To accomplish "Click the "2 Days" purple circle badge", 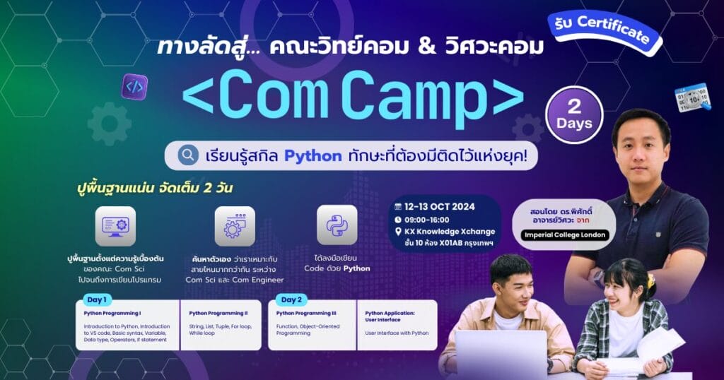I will pos(573,114).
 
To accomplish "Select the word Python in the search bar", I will pos(313,155).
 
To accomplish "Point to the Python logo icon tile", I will pos(337,225).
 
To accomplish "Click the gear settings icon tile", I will pos(235,226).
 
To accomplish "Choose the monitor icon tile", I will pos(115,226).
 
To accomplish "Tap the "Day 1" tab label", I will pos(95,299).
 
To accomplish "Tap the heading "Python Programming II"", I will pos(218,312).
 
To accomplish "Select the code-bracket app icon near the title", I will pos(134,87).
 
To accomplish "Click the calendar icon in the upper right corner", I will pos(692,97).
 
